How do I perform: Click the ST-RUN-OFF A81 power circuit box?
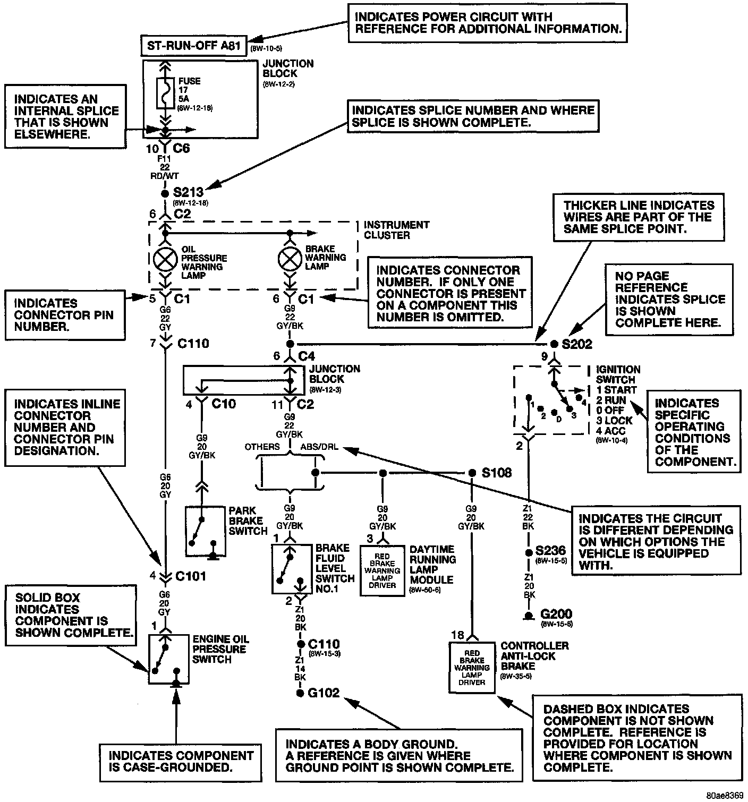pos(194,46)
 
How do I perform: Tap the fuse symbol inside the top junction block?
pos(165,93)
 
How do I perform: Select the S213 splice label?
pos(189,192)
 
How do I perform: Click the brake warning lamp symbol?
pos(290,259)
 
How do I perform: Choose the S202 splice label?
pos(576,344)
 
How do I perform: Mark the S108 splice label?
pos(496,473)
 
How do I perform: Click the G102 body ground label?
pos(324,693)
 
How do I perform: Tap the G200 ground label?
pos(556,615)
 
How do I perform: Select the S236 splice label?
pos(550,551)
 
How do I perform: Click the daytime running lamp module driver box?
pos(382,570)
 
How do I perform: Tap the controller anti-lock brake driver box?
pos(471,667)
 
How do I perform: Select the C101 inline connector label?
pos(190,576)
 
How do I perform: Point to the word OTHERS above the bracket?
pos(262,447)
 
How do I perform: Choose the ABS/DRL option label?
pos(319,447)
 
